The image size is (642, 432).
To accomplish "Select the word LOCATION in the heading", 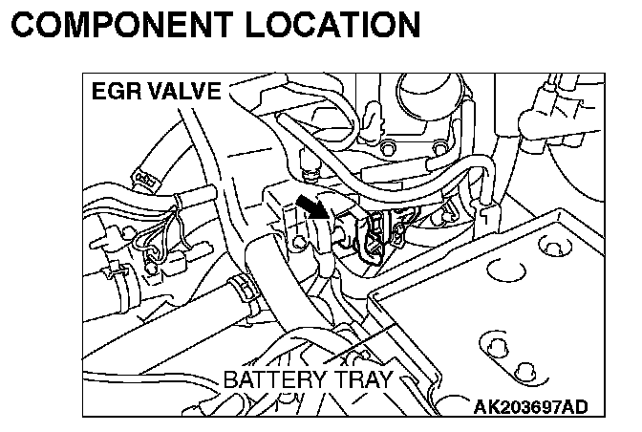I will tap(338, 25).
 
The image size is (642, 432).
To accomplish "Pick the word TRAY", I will tap(359, 380).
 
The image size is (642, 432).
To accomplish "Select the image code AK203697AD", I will tap(531, 406).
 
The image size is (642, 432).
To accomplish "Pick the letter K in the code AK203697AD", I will tap(495, 406).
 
